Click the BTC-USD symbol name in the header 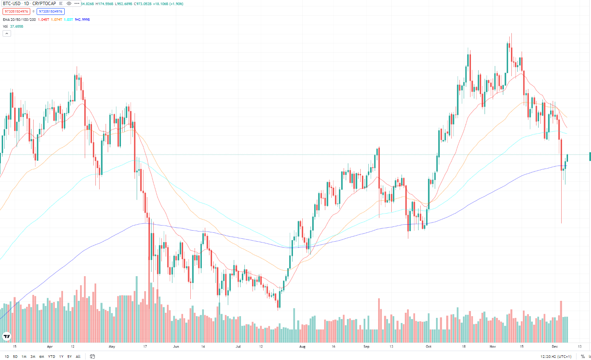click(11, 3)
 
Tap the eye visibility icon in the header click(69, 3)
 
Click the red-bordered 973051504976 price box click(16, 11)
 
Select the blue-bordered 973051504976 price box click(50, 11)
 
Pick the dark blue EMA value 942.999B click(82, 20)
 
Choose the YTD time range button click(52, 357)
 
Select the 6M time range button click(42, 357)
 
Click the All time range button click(78, 357)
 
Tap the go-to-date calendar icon click(92, 357)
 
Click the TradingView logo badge click(6, 336)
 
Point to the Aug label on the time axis click(302, 347)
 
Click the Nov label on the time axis click(493, 347)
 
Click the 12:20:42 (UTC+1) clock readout click(556, 357)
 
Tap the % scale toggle click(582, 357)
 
